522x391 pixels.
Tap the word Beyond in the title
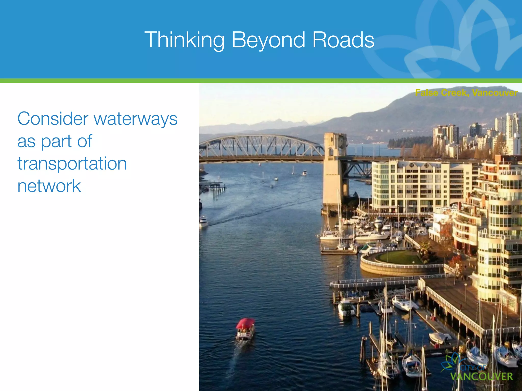point(268,40)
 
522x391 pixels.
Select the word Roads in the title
point(343,40)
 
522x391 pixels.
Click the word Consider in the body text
point(53,119)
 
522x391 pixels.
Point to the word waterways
point(136,119)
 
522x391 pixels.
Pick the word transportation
point(72,164)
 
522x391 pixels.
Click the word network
point(49,186)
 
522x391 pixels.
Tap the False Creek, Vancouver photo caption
point(466,93)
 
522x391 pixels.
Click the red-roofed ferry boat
point(245,329)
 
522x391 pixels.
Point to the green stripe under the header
point(261,81)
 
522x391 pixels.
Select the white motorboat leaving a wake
point(204,222)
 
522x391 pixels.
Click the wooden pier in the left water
point(213,185)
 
